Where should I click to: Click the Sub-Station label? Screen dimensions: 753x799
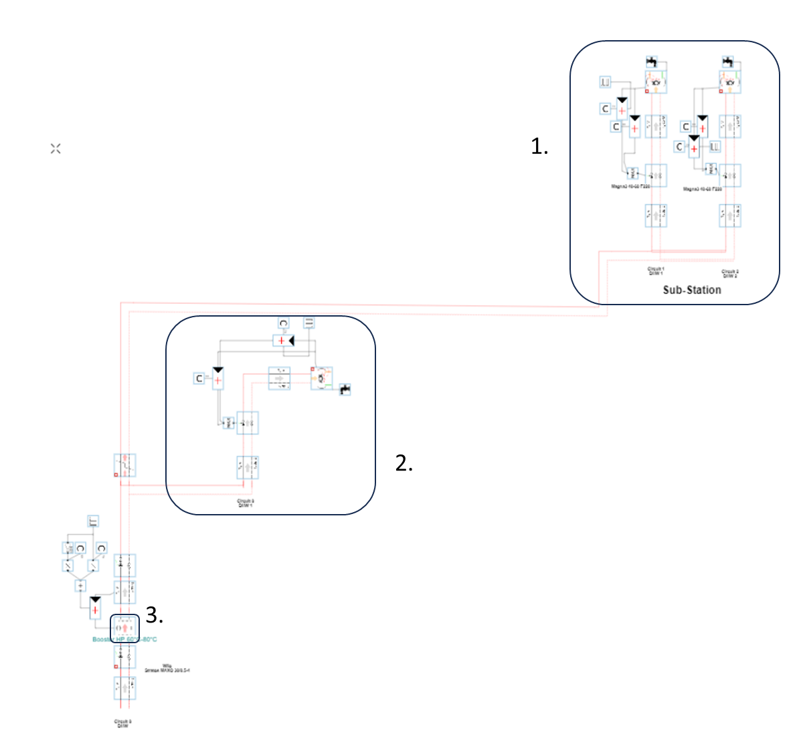tap(692, 290)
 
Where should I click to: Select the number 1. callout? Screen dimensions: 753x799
tap(539, 146)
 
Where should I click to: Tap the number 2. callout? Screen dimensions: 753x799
tap(404, 463)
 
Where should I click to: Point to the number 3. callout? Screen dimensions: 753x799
tap(154, 614)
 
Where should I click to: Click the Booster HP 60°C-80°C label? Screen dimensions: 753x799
tap(124, 639)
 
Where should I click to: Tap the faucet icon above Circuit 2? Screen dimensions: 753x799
tap(728, 62)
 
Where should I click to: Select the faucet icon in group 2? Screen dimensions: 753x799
tap(345, 389)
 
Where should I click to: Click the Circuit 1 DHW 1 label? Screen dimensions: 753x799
tap(655, 271)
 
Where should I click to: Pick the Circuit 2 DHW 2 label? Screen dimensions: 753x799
tap(729, 273)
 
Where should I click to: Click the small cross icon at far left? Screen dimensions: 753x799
tap(56, 149)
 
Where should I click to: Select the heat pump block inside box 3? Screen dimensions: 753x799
tap(124, 628)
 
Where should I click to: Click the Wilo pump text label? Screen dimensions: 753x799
tap(167, 668)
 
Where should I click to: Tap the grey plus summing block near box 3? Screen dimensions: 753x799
tap(80, 586)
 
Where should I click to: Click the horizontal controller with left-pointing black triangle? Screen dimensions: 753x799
tap(284, 341)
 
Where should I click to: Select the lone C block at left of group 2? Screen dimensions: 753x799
tap(199, 379)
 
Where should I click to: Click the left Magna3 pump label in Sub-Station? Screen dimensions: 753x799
tap(630, 187)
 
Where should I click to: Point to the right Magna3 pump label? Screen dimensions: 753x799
tap(702, 189)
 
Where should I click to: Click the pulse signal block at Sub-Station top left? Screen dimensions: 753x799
tap(605, 82)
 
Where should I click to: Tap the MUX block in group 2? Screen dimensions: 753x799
tap(228, 422)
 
